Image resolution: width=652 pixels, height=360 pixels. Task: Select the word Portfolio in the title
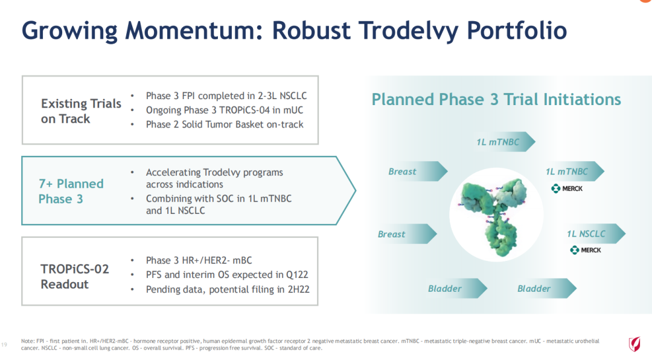[x=517, y=30]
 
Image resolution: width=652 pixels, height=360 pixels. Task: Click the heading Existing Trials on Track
[x=81, y=111]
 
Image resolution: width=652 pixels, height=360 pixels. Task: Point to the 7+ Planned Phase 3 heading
[x=71, y=191]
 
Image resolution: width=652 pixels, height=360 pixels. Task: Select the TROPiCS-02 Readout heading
[x=75, y=277]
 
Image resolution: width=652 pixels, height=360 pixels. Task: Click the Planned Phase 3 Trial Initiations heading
[x=496, y=100]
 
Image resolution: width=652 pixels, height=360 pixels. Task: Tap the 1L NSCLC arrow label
[x=586, y=234]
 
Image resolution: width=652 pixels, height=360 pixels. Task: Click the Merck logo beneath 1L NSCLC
[x=586, y=250]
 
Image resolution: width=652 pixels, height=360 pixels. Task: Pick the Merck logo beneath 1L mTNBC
[x=567, y=188]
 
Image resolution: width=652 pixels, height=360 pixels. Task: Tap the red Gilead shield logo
[x=634, y=344]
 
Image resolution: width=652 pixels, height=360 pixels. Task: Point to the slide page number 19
[x=4, y=345]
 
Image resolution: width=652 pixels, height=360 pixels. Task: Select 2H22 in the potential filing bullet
[x=299, y=289]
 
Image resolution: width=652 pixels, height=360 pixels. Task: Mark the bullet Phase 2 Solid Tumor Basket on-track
[x=225, y=124]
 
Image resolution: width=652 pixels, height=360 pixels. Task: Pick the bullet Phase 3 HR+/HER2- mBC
[x=199, y=260]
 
